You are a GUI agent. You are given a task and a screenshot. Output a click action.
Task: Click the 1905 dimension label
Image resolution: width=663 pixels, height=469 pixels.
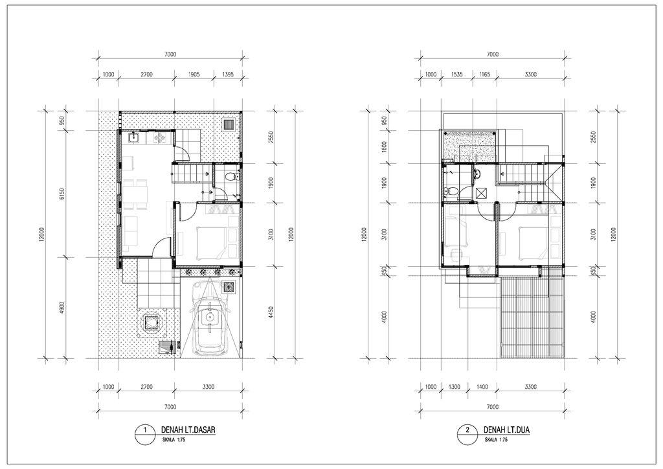pyautogui.click(x=193, y=74)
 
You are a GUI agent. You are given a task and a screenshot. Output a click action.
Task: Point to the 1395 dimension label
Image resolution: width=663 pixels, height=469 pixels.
pyautogui.click(x=227, y=74)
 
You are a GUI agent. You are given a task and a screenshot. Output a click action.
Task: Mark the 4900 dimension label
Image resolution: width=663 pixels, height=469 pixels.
pyautogui.click(x=62, y=307)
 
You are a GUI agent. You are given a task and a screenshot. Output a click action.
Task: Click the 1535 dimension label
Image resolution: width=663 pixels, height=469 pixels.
pyautogui.click(x=457, y=74)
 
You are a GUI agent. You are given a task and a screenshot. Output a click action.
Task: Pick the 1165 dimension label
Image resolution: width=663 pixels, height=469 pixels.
pyautogui.click(x=484, y=74)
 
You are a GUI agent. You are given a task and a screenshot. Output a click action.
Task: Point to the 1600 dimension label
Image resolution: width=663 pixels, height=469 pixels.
pyautogui.click(x=383, y=147)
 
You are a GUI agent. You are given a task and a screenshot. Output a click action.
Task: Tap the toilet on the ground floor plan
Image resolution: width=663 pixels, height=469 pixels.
pyautogui.click(x=229, y=176)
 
